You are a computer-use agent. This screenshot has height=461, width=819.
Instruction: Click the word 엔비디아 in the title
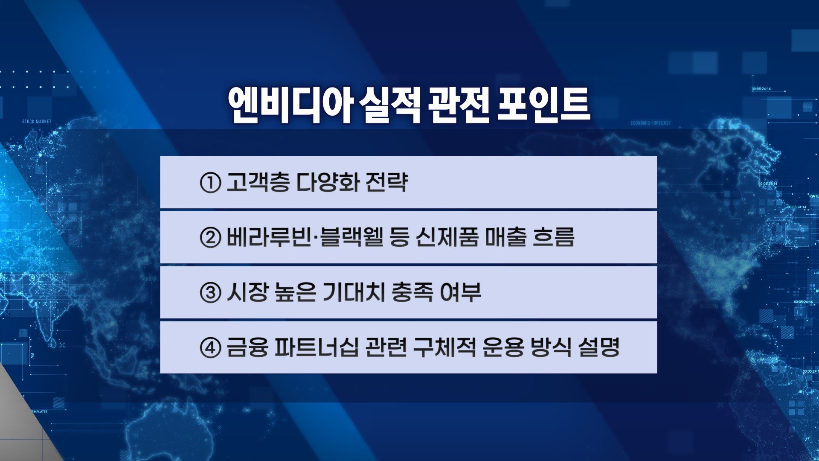290,105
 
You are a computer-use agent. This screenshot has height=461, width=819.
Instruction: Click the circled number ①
210,183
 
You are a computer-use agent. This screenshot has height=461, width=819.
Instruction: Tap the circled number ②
210,238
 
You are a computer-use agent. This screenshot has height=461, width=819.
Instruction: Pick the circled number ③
210,293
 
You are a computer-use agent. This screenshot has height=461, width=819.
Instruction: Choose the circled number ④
210,347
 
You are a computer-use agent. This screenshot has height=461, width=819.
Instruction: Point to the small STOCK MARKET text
37,122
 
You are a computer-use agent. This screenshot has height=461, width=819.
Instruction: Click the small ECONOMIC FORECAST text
651,123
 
